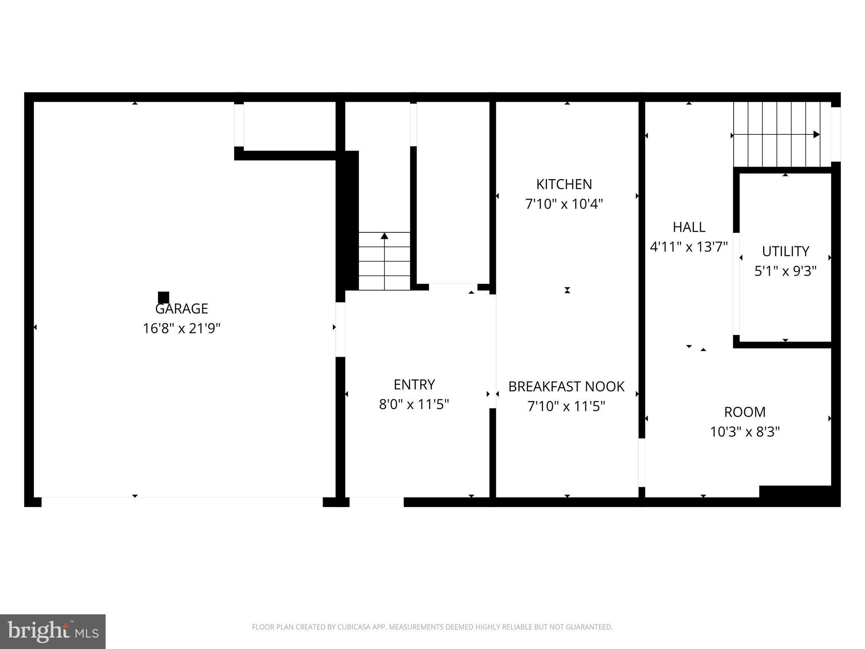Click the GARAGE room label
182,309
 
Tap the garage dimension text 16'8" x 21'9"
182,329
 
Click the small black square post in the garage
163,297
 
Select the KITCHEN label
564,185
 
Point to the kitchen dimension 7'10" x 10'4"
564,205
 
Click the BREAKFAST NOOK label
566,387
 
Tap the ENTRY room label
414,385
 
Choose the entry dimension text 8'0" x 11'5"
414,405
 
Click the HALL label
688,227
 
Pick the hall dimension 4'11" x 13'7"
688,247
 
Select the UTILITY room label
785,251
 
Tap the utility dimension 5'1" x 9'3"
785,271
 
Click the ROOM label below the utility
745,412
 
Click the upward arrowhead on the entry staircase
384,236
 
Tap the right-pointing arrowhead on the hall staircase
816,135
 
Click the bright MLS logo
52,631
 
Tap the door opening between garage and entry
340,329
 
